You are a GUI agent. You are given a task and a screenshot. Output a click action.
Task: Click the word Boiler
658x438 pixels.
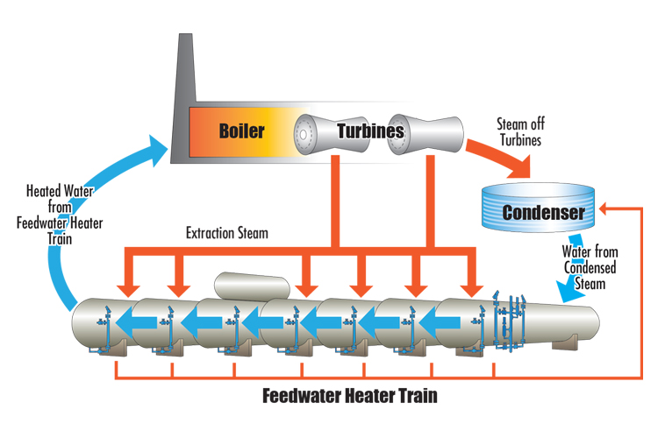point(241,131)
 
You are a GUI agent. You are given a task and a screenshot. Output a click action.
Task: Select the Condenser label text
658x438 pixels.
point(542,212)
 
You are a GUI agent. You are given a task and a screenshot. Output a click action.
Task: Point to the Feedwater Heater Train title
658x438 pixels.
point(350,395)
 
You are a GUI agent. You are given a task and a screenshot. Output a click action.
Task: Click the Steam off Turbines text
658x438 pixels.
point(525,131)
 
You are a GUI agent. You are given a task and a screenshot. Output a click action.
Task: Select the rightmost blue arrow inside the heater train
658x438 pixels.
point(456,320)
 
